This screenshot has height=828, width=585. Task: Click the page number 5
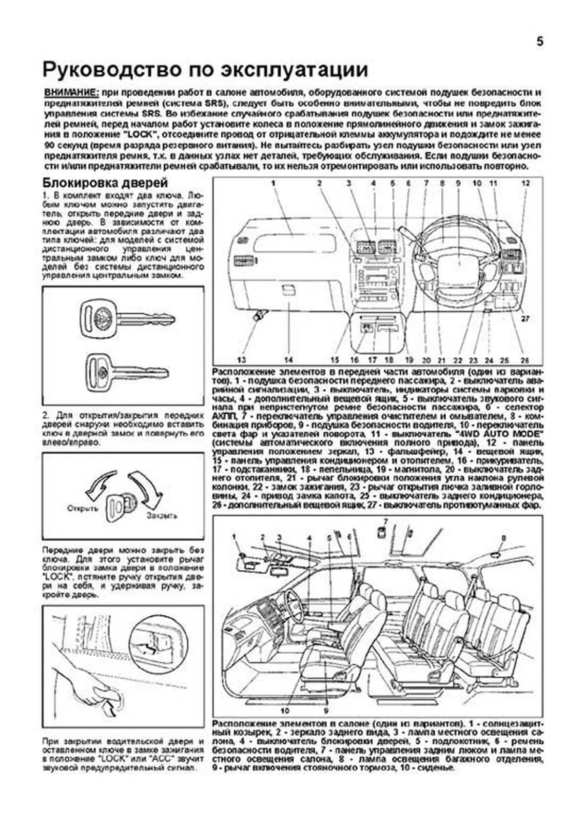coord(540,42)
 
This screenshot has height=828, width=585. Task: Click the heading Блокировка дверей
coord(105,183)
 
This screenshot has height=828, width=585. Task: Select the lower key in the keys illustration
coord(126,373)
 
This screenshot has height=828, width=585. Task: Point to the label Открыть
coord(82,508)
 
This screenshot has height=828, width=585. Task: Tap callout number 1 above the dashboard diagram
coord(273,183)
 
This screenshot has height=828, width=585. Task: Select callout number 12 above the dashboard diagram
coord(525,183)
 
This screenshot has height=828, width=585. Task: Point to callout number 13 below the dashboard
coord(241,360)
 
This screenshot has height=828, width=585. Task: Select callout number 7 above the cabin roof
coord(385,521)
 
